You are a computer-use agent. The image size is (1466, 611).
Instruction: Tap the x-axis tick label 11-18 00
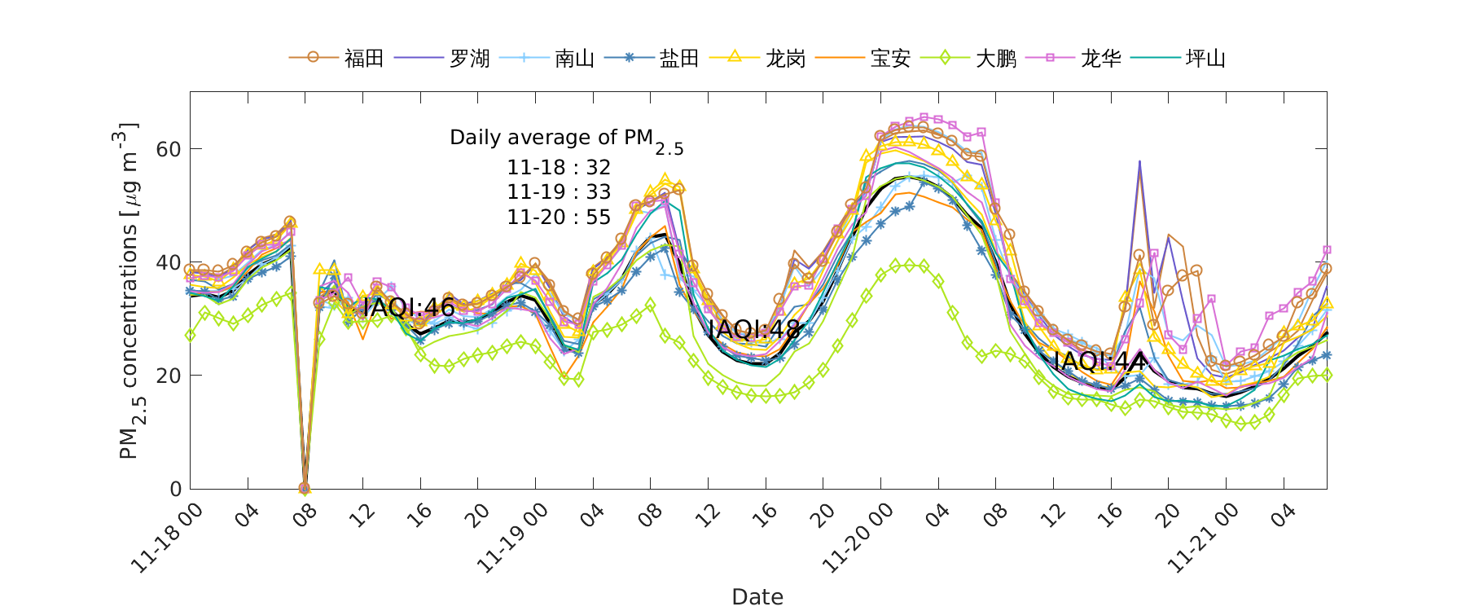pos(167,538)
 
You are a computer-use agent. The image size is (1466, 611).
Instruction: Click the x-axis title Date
pos(757,596)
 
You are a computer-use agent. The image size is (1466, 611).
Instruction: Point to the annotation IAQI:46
pos(408,307)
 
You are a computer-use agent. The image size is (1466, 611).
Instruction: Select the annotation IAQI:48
pos(753,329)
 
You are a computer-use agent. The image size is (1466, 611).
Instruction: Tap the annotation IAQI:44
pos(1099,361)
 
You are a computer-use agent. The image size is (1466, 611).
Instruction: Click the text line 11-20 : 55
pos(559,218)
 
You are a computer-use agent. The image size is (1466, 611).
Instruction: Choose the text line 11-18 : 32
pos(559,168)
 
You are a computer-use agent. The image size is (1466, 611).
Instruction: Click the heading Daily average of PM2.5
pos(566,138)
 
